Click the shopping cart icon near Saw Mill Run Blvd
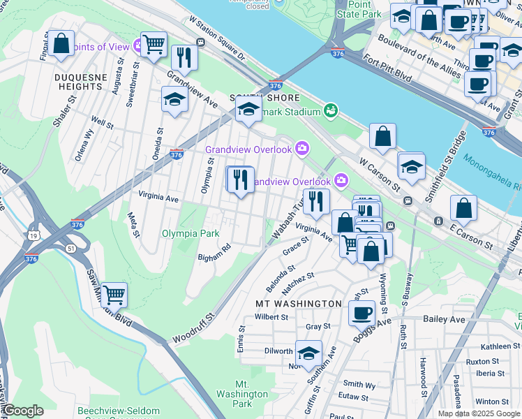[x=114, y=294]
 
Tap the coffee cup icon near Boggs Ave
[x=361, y=313]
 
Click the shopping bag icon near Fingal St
[x=61, y=43]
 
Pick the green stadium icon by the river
[x=330, y=110]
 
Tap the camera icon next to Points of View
[x=140, y=47]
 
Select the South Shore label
[x=255, y=98]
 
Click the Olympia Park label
[x=191, y=233]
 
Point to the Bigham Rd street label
[x=214, y=253]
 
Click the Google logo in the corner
[x=23, y=411]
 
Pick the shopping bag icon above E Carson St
[x=463, y=208]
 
